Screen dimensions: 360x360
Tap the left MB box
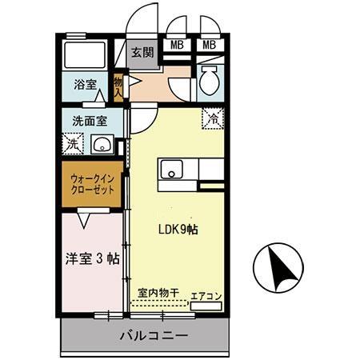coord(178,45)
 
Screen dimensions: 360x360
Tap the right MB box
coord(210,45)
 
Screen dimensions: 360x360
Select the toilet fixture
coord(208,82)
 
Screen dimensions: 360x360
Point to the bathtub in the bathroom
coord(85,53)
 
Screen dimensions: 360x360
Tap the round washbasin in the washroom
coord(101,145)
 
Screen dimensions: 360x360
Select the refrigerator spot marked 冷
coord(211,117)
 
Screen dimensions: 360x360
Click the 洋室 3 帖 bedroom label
coord(92,258)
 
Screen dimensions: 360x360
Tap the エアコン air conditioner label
coord(206,296)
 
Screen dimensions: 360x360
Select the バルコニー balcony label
coord(154,335)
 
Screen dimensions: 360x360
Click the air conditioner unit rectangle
coord(206,306)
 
